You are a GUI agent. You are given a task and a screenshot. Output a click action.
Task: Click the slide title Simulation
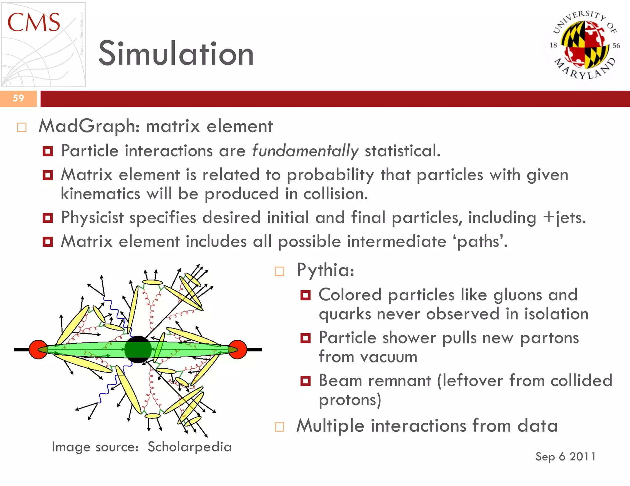click(x=176, y=54)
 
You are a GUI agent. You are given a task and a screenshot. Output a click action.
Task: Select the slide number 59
click(x=18, y=98)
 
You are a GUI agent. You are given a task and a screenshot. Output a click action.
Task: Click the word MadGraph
click(x=89, y=126)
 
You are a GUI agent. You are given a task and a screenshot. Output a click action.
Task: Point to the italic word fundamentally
click(x=305, y=151)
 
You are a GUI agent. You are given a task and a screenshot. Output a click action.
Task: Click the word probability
click(x=330, y=175)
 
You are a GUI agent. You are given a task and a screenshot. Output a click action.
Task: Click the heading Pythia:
click(x=325, y=270)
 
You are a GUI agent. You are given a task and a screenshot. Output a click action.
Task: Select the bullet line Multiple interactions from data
click(x=427, y=426)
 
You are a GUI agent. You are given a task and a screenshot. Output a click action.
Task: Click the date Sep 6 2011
click(x=565, y=457)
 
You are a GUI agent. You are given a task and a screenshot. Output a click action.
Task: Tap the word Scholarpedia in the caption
click(x=189, y=447)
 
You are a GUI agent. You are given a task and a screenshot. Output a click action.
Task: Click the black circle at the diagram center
click(x=138, y=349)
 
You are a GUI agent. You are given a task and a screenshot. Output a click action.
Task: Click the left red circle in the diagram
click(x=38, y=349)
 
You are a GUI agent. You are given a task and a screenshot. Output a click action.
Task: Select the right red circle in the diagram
click(x=238, y=349)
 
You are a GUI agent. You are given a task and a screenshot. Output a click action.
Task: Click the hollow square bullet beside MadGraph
click(x=22, y=127)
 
